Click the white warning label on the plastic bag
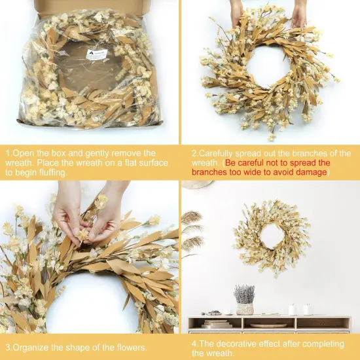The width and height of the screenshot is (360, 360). tap(96, 55)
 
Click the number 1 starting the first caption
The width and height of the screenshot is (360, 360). tap(8, 153)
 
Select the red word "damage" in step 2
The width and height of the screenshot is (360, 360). tap(307, 172)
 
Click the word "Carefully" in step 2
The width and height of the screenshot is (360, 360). tap(219, 153)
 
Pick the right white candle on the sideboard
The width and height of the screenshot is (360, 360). tap(306, 309)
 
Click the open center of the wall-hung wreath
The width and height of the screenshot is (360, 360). tap(271, 234)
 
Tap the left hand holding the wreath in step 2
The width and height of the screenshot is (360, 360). tap(238, 11)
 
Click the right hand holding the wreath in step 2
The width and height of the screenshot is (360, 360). tap(299, 11)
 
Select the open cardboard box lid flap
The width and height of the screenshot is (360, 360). tap(92, 6)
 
